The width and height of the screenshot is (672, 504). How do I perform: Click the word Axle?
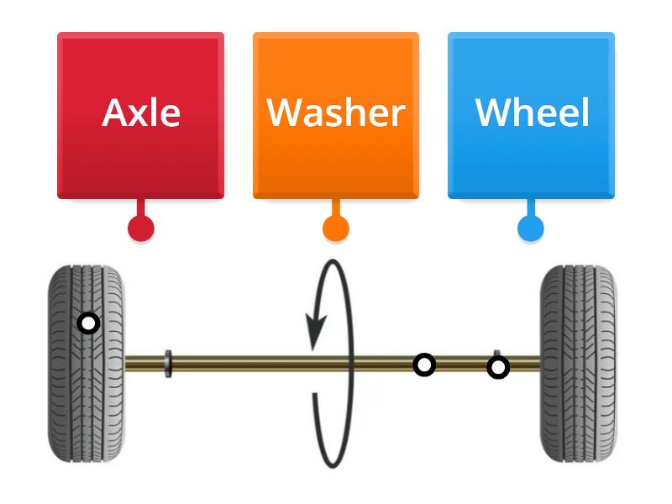coord(141,113)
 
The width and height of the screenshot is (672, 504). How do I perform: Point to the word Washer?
coord(336,113)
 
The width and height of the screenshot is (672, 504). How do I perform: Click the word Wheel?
coord(532,113)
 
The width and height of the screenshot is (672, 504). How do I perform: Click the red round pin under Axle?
coord(140,228)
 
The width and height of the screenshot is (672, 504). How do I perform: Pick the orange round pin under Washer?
coord(336,228)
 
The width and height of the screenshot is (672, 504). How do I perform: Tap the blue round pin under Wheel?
coord(530,228)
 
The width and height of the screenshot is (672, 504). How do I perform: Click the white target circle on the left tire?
coord(88,323)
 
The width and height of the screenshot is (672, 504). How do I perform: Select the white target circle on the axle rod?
coord(425,365)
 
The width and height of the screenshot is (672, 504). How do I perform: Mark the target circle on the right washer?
coord(498,367)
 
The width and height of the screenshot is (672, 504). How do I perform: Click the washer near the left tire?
coord(169,364)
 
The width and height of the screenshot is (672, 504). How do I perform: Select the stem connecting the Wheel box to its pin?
coord(530,208)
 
